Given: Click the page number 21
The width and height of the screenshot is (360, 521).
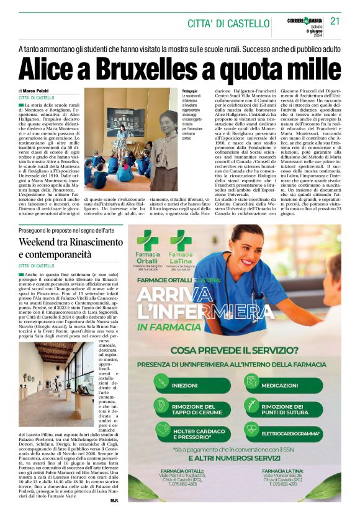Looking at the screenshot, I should [x=335, y=21].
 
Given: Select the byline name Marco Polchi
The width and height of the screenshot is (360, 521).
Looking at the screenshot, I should [x=40, y=91].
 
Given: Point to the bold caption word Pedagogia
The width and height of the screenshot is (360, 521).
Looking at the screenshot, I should [x=191, y=91].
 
